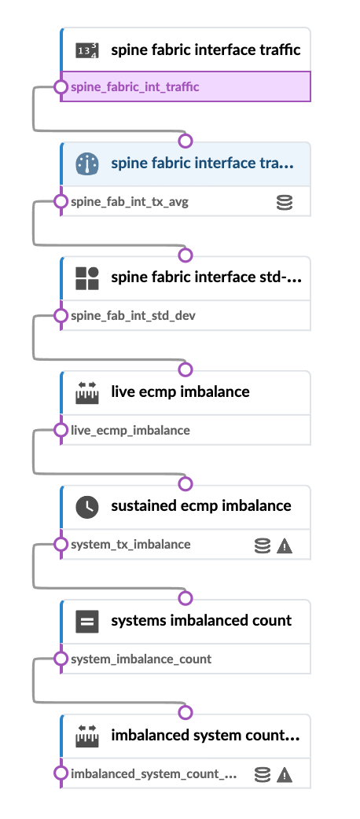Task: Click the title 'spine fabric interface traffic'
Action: click(205, 50)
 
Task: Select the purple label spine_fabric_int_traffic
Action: click(134, 86)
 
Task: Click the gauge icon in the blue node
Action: click(87, 164)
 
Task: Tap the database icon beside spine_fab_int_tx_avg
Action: click(285, 203)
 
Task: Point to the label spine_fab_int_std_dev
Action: click(133, 316)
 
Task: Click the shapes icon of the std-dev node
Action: click(87, 278)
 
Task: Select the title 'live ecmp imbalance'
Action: click(180, 391)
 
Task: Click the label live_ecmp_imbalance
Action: click(130, 430)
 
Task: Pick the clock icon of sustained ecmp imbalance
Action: click(87, 506)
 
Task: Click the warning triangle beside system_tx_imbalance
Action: click(285, 545)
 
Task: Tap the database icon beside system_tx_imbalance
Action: click(263, 545)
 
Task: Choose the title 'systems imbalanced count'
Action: click(201, 620)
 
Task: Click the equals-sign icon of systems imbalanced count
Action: click(87, 622)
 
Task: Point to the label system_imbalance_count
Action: click(141, 659)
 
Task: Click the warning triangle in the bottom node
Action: click(285, 775)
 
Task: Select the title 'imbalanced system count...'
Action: click(204, 736)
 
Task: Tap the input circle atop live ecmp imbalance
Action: click(186, 370)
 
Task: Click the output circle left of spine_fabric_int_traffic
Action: click(61, 87)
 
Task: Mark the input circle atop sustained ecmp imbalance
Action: click(186, 484)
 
